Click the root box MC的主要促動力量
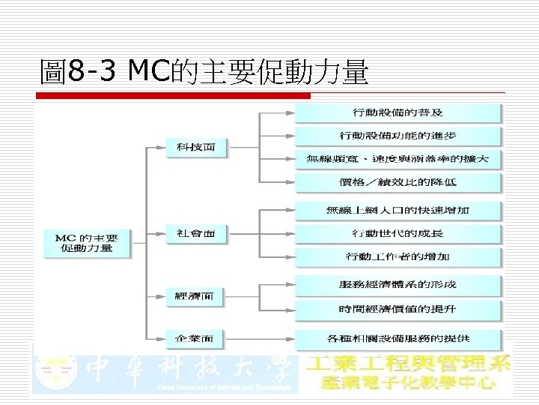pyautogui.click(x=85, y=243)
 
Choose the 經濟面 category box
pyautogui.click(x=194, y=296)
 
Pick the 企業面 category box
pyautogui.click(x=194, y=339)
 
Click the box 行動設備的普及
pyautogui.click(x=398, y=112)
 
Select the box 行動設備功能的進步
pyautogui.click(x=398, y=136)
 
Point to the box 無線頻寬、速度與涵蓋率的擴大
pyautogui.click(x=398, y=159)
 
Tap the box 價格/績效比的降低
pyautogui.click(x=398, y=182)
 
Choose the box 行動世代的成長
pyautogui.click(x=398, y=233)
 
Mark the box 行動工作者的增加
pyautogui.click(x=398, y=256)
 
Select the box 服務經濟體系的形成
pyautogui.click(x=398, y=284)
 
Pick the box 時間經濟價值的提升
pyautogui.click(x=398, y=308)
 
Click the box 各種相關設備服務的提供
pyautogui.click(x=398, y=338)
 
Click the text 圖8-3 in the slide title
pyautogui.click(x=79, y=73)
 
